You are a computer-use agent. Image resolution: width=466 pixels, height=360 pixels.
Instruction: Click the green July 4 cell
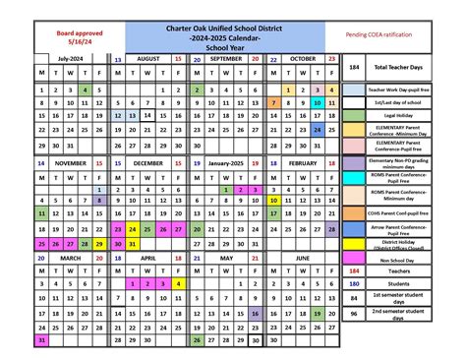(86, 90)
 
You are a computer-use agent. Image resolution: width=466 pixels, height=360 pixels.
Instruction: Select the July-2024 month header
(71, 59)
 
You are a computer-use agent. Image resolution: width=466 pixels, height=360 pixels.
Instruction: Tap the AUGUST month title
(148, 59)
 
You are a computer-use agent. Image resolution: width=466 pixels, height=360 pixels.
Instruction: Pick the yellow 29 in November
(86, 244)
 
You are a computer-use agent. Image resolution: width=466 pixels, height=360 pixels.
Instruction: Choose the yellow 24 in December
(133, 228)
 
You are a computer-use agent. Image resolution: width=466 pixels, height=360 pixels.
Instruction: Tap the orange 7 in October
(272, 102)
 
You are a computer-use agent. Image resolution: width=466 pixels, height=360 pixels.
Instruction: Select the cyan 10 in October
(319, 102)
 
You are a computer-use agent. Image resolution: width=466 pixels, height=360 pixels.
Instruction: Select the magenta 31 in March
(41, 340)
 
